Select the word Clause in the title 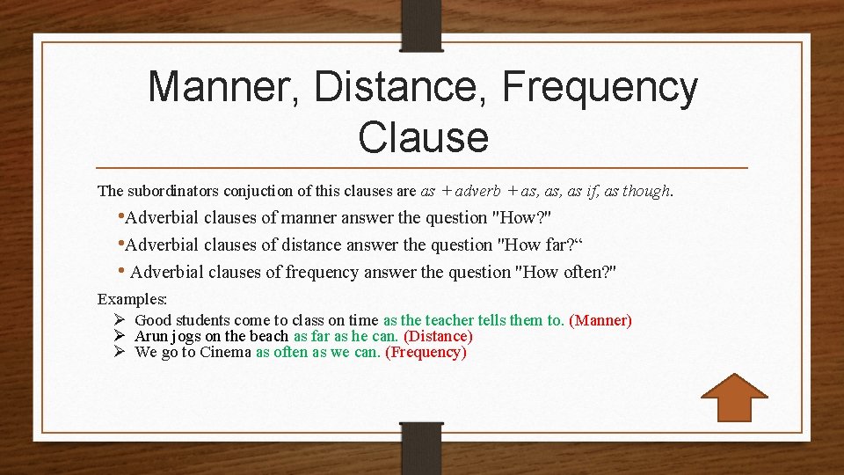click(423, 136)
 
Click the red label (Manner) click(600, 321)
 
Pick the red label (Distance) click(438, 337)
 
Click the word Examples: click(132, 299)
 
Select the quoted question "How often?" click(568, 273)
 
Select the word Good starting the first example click(153, 321)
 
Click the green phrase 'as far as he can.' click(346, 337)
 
